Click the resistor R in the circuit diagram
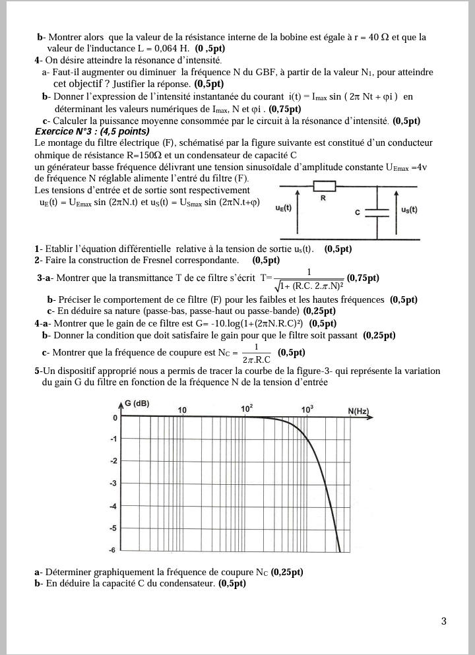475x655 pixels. pos(325,185)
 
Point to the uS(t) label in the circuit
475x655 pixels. pos(413,210)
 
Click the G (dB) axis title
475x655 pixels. pos(136,404)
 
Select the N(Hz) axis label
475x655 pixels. pos(358,411)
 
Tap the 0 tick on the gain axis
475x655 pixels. pos(115,418)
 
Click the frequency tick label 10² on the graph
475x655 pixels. pos(247,409)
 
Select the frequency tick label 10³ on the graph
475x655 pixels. pos(307,409)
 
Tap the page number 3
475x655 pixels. pos(443,621)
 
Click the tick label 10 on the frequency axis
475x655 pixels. pos(182,410)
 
